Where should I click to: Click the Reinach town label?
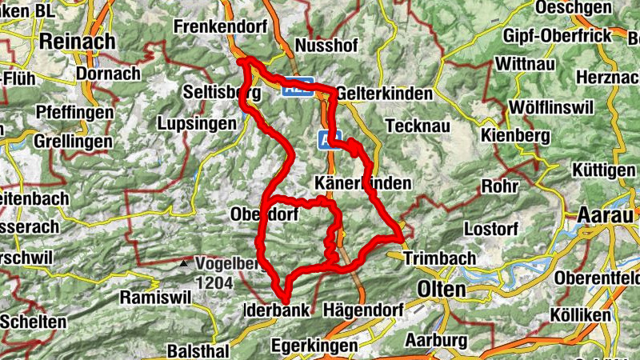coord(78,41)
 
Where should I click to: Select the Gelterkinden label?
coord(385,92)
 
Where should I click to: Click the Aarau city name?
coord(606,216)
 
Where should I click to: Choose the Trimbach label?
coord(441,259)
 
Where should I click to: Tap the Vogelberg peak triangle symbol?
coord(185,262)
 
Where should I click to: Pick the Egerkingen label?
coord(313,346)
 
